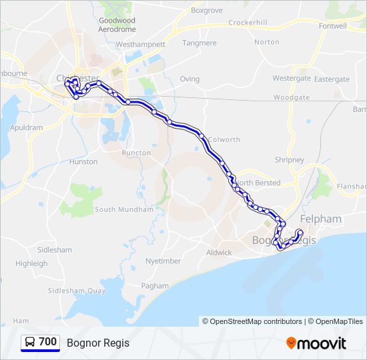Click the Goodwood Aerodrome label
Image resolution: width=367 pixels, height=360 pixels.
pyautogui.click(x=116, y=25)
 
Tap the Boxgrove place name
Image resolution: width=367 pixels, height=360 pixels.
pyautogui.click(x=206, y=11)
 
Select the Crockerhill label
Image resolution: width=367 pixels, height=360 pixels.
pyautogui.click(x=248, y=23)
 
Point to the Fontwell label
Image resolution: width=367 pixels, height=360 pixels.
pyautogui.click(x=333, y=26)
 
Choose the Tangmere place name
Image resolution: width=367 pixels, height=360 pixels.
pyautogui.click(x=200, y=43)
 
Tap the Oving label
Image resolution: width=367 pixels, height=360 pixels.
pyautogui.click(x=190, y=79)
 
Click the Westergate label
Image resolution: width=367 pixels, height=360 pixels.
pyautogui.click(x=292, y=78)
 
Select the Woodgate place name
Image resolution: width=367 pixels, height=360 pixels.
pyautogui.click(x=292, y=97)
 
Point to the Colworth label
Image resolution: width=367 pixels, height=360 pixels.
pyautogui.click(x=224, y=139)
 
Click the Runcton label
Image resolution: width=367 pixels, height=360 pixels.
pyautogui.click(x=136, y=153)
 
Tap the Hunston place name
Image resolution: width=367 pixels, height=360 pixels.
pyautogui.click(x=83, y=161)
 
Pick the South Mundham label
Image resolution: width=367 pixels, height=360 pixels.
pyautogui.click(x=124, y=209)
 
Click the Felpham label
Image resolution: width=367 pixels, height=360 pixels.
pyautogui.click(x=321, y=219)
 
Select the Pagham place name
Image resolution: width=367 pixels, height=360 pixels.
pyautogui.click(x=155, y=285)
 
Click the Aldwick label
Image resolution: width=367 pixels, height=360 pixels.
pyautogui.click(x=219, y=253)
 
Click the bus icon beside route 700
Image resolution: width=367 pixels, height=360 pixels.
pyautogui.click(x=30, y=342)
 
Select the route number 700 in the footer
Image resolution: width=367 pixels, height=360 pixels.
pyautogui.click(x=48, y=342)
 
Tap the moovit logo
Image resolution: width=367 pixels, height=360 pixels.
pyautogui.click(x=316, y=343)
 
